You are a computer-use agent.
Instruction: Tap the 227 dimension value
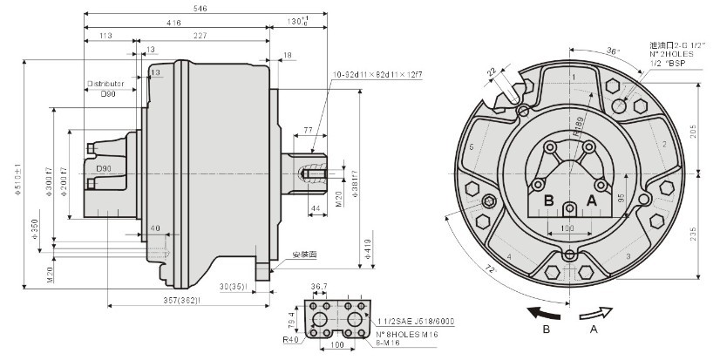click(200, 36)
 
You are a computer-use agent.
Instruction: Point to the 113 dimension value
click(107, 36)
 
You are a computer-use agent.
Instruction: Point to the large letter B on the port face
click(548, 200)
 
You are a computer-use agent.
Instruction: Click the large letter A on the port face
click(592, 200)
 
